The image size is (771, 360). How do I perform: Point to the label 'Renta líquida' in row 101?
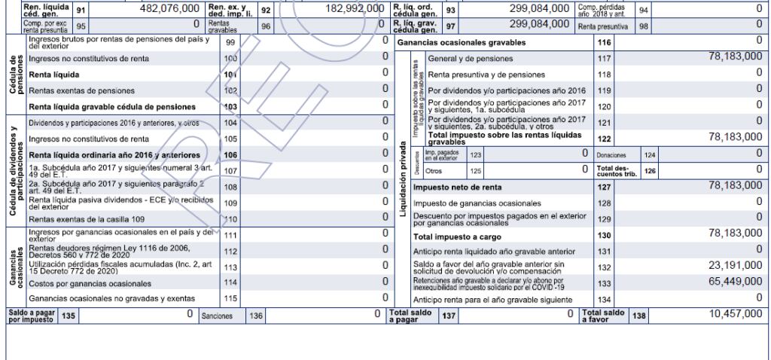[x=56, y=75]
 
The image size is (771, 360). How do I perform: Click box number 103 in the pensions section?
[x=230, y=106]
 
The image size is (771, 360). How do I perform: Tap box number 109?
[x=230, y=203]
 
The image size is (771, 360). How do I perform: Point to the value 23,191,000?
[x=730, y=265]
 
